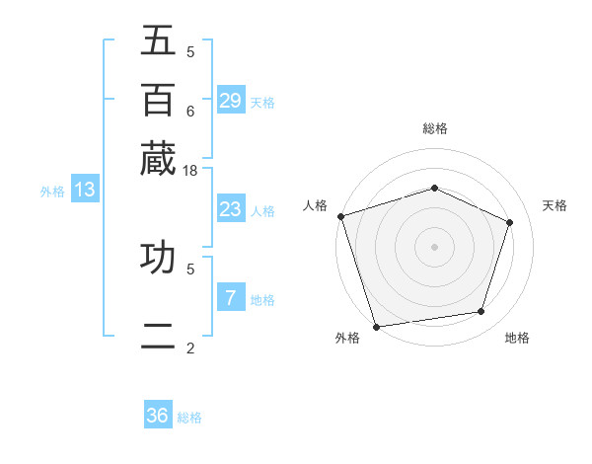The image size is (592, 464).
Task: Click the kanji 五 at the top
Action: tap(158, 41)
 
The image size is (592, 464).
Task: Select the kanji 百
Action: tap(158, 100)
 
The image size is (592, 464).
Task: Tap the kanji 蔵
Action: tap(158, 158)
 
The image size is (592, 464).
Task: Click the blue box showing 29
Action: tap(230, 100)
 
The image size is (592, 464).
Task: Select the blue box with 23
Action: tap(230, 209)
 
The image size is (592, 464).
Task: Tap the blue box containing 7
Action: tap(230, 298)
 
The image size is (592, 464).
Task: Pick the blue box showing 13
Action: tap(84, 190)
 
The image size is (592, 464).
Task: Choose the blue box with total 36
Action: tap(158, 416)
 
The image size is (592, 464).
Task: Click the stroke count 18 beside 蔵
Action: tap(190, 170)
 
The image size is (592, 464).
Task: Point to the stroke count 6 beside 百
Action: tap(190, 111)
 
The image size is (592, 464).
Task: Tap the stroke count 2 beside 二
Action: tap(190, 348)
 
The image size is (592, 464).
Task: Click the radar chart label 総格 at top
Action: tap(434, 128)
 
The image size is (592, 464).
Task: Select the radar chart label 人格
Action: tap(316, 205)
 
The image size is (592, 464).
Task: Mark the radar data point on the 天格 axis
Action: tap(510, 222)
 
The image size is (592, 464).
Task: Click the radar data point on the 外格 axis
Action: tap(376, 326)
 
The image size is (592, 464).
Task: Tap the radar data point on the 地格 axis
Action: tap(481, 312)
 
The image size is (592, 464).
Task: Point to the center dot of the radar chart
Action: tap(434, 247)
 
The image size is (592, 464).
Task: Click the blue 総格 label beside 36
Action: tap(189, 418)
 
